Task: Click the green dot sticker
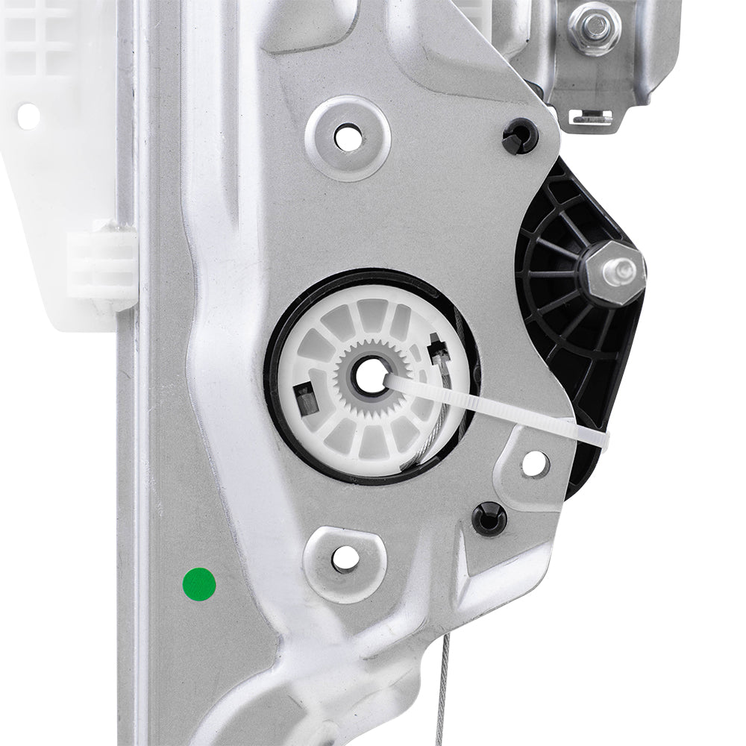199,584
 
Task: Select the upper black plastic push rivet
520,137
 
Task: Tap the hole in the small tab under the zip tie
534,463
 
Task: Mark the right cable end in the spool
436,350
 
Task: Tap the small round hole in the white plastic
28,115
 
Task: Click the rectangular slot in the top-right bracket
592,116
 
